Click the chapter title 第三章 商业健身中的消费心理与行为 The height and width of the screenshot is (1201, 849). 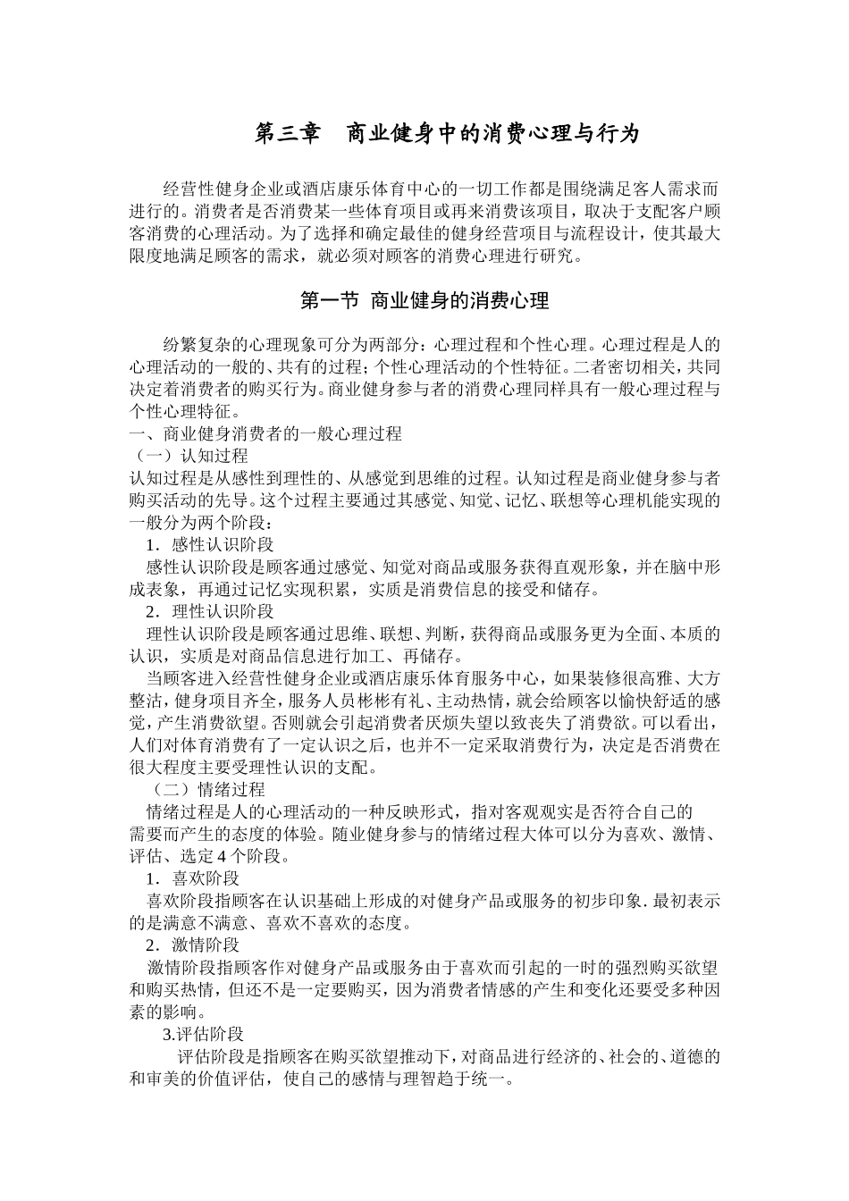tap(448, 134)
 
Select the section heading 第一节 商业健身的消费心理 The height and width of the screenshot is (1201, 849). tap(424, 301)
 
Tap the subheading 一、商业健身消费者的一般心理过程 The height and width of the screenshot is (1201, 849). tap(265, 434)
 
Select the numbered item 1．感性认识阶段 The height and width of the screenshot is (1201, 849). tap(210, 545)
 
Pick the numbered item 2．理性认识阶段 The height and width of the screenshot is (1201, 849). tap(210, 611)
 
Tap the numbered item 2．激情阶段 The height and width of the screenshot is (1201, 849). tap(193, 945)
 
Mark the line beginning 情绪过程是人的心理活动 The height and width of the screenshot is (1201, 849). tap(420, 812)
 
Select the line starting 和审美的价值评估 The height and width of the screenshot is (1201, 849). tap(322, 1079)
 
